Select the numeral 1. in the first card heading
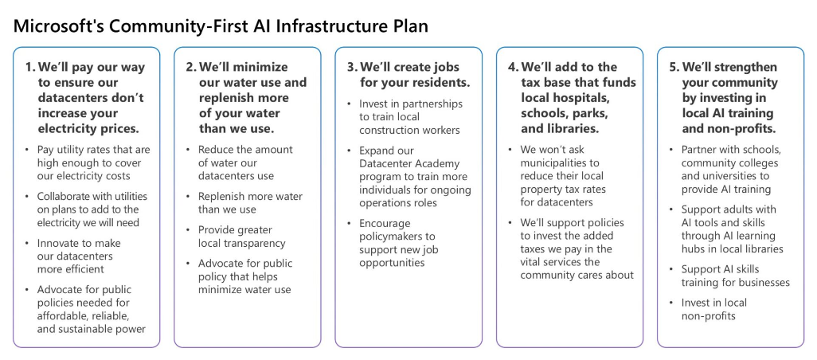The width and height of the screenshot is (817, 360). pyautogui.click(x=29, y=67)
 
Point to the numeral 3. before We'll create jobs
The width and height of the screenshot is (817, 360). pyautogui.click(x=352, y=67)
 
